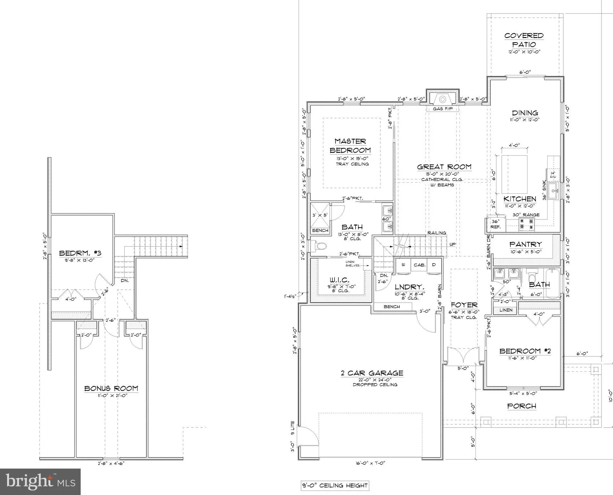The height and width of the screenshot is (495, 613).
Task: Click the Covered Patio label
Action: coord(524,40)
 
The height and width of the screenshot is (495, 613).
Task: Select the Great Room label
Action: coord(444,167)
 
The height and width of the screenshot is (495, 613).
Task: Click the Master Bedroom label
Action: coord(350,146)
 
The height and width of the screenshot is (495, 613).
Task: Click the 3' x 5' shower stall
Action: coord(320,215)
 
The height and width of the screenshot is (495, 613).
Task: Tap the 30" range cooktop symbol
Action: coord(526,224)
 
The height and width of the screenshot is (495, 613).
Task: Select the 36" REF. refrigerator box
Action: coord(495,224)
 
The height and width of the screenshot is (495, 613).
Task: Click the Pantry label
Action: coord(526,244)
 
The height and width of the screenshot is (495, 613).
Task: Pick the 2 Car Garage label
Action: coord(372,373)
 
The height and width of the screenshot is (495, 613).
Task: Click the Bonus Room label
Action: coord(111,388)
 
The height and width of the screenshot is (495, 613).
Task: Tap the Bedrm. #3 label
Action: coord(80,253)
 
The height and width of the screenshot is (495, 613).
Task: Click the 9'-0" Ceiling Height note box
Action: coord(334,485)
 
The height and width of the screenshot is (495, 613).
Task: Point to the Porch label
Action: coord(521,406)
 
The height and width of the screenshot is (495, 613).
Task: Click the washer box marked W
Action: coord(403,265)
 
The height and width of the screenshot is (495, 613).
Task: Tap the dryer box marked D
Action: coord(434,265)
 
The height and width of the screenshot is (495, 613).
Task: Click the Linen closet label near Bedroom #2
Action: coord(506,310)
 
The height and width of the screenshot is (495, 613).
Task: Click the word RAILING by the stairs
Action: coord(437,233)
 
